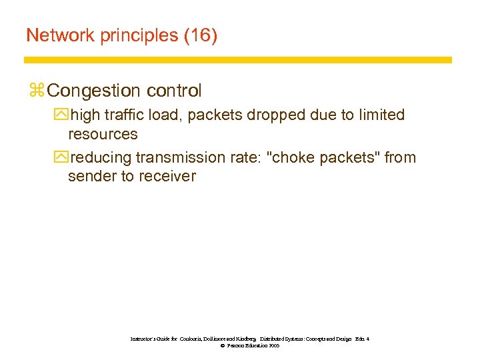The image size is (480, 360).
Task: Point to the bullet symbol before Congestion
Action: click(36, 91)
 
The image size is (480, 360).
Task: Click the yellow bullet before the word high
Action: click(62, 115)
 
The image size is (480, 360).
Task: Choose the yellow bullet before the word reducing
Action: click(62, 158)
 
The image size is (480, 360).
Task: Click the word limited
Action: click(381, 115)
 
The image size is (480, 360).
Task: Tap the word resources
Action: click(103, 134)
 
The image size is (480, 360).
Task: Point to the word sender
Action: click(90, 177)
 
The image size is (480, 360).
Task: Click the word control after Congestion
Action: click(173, 90)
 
